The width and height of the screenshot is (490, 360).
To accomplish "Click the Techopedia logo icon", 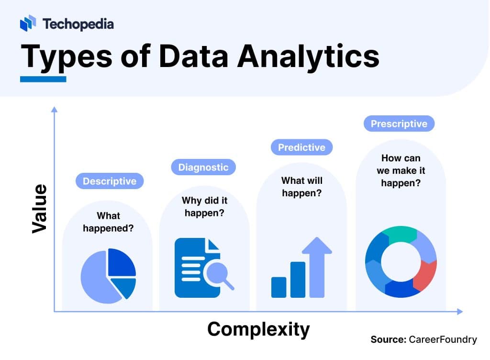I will point(28,23).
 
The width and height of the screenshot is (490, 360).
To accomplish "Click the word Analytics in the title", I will point(308,56).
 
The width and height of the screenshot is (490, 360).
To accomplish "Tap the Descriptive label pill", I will point(110,181).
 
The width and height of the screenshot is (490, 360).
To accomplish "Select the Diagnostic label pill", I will point(203,167).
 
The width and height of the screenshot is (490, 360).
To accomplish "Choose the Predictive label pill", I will point(301,147).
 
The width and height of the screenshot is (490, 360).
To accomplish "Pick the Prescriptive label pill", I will point(399,124).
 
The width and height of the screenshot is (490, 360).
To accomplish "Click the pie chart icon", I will point(108,276).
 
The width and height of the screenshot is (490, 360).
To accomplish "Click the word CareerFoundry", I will point(443,339).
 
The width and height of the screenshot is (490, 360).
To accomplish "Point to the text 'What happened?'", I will point(108,222).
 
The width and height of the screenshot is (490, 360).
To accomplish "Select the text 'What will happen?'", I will point(301,187).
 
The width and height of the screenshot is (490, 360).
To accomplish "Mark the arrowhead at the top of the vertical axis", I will point(54,110).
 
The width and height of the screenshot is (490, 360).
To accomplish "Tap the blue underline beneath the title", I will point(43,79).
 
